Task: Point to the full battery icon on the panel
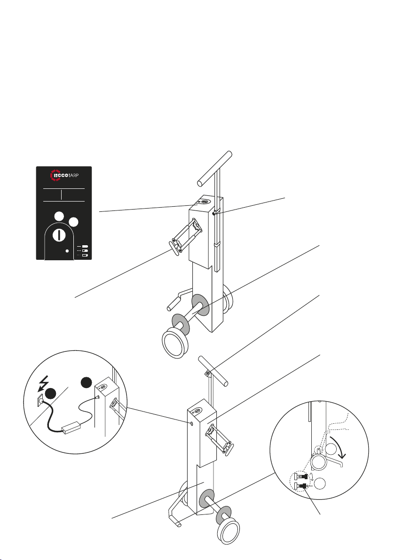pyautogui.click(x=85, y=246)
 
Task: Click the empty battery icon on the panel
pyautogui.click(x=85, y=256)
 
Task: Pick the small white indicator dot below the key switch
pyautogui.click(x=67, y=251)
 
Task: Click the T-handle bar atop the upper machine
pyautogui.click(x=215, y=167)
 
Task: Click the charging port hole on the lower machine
pyautogui.click(x=191, y=424)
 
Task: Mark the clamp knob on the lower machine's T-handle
pyautogui.click(x=208, y=373)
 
